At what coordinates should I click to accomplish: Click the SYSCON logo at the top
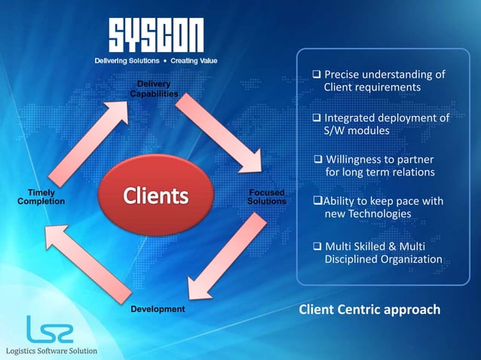[x=156, y=35]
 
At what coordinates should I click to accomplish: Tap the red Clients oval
[x=155, y=196]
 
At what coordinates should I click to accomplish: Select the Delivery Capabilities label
[x=154, y=89]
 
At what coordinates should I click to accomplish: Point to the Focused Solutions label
[x=266, y=197]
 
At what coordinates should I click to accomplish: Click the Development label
[x=158, y=310]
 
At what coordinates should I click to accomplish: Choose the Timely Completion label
[x=41, y=197]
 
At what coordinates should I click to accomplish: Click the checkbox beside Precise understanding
[x=317, y=75]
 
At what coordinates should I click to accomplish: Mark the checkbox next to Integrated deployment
[x=317, y=118]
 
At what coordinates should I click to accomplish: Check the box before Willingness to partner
[x=319, y=160]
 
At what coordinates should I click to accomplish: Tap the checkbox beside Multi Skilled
[x=317, y=246]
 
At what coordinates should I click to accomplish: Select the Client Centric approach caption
[x=369, y=310]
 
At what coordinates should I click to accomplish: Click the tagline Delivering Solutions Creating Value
[x=156, y=60]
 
